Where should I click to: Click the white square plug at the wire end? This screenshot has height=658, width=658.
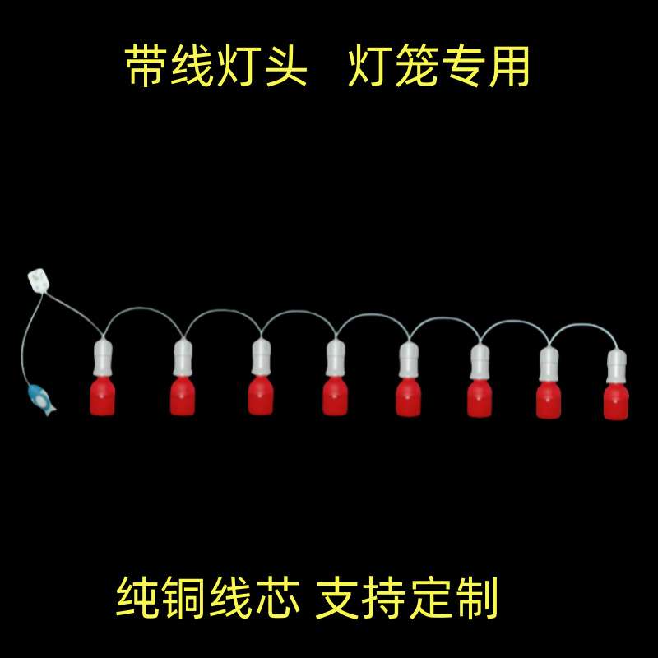[x=38, y=280]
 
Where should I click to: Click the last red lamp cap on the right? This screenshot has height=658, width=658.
[x=616, y=400]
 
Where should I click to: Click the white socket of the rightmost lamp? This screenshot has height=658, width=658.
[x=617, y=367]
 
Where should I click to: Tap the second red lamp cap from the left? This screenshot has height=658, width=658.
[x=182, y=396]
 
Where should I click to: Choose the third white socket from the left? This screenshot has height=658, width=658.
[x=260, y=359]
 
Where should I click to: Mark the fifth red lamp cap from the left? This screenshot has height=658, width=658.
[x=407, y=397]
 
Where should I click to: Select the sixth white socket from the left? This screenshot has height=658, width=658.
[x=480, y=362]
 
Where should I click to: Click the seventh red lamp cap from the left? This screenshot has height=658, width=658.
[x=549, y=400]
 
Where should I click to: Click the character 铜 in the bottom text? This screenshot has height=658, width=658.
[x=187, y=598]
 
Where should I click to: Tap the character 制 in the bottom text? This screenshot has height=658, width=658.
[x=476, y=598]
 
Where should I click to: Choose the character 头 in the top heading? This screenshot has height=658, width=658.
[x=285, y=67]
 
